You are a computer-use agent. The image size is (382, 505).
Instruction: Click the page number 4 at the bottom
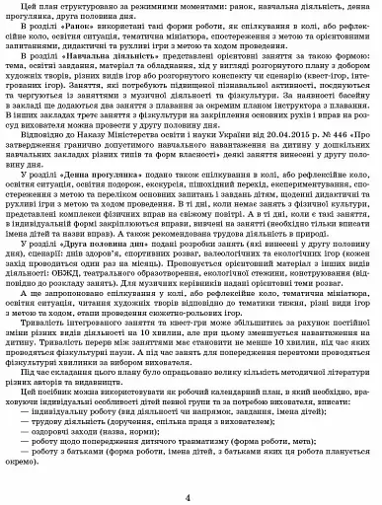pos(191,497)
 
